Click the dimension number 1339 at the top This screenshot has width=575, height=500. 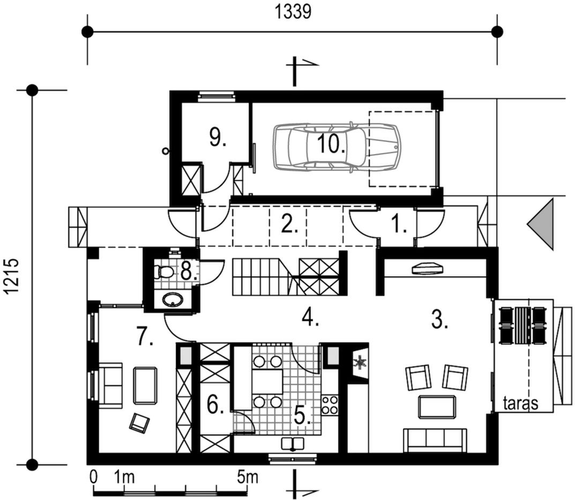[x=293, y=12]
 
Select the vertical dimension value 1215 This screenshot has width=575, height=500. [x=12, y=276]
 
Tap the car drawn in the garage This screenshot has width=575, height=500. [x=337, y=147]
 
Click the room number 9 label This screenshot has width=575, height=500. [x=218, y=137]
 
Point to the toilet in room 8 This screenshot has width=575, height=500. [x=164, y=272]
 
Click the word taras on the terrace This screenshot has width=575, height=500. [x=521, y=403]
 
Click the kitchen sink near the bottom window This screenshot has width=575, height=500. [x=292, y=444]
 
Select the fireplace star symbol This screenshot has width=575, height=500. [x=359, y=362]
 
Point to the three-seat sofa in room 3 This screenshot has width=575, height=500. [x=435, y=440]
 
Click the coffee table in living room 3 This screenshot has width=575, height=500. [x=437, y=407]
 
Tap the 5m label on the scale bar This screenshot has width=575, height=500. [x=248, y=478]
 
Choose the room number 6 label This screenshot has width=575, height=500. [x=215, y=405]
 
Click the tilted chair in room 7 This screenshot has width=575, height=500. [x=139, y=423]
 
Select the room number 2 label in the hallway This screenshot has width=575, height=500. [x=289, y=224]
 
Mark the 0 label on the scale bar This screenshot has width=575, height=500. [x=94, y=478]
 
